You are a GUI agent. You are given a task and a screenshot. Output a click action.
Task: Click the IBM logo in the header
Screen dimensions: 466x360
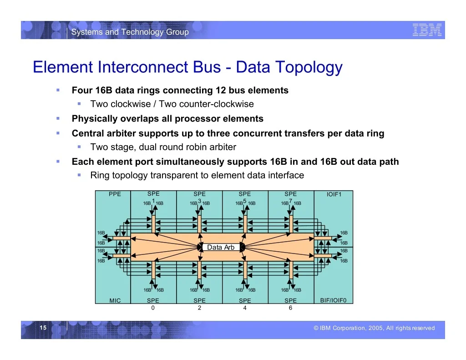coord(427,30)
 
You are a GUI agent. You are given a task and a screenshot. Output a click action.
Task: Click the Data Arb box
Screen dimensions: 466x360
coord(221,247)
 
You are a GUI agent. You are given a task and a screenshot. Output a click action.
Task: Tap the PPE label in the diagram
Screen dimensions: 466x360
coord(115,194)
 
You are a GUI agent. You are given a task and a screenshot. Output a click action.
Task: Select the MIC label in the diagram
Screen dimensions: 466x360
coord(115,300)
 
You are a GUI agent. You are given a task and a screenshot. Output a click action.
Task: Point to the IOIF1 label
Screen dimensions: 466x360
coord(334,194)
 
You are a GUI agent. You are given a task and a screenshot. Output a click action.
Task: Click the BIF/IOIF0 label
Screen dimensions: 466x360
coord(333,300)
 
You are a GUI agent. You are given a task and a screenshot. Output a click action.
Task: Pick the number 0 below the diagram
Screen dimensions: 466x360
coord(153,308)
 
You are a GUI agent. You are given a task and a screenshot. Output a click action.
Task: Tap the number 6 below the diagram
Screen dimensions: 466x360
coord(290,308)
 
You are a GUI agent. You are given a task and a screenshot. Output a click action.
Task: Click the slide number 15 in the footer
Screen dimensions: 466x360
coord(43,328)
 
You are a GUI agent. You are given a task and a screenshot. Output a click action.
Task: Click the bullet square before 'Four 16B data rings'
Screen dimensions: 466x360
coord(58,90)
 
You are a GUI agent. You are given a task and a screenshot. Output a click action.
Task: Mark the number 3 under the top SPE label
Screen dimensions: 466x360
coord(200,201)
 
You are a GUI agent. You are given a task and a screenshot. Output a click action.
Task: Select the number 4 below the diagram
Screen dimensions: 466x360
coord(244,308)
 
